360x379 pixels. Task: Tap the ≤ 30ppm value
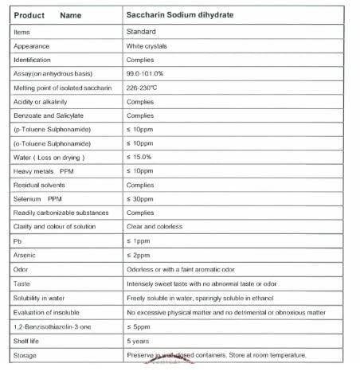(140, 197)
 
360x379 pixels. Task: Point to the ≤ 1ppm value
(139, 240)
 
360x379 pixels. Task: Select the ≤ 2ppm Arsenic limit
(139, 254)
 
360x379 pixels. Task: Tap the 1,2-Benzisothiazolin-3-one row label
(48, 325)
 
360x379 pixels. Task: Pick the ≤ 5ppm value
(139, 325)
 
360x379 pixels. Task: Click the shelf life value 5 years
(139, 340)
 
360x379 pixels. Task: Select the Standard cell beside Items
(143, 31)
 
